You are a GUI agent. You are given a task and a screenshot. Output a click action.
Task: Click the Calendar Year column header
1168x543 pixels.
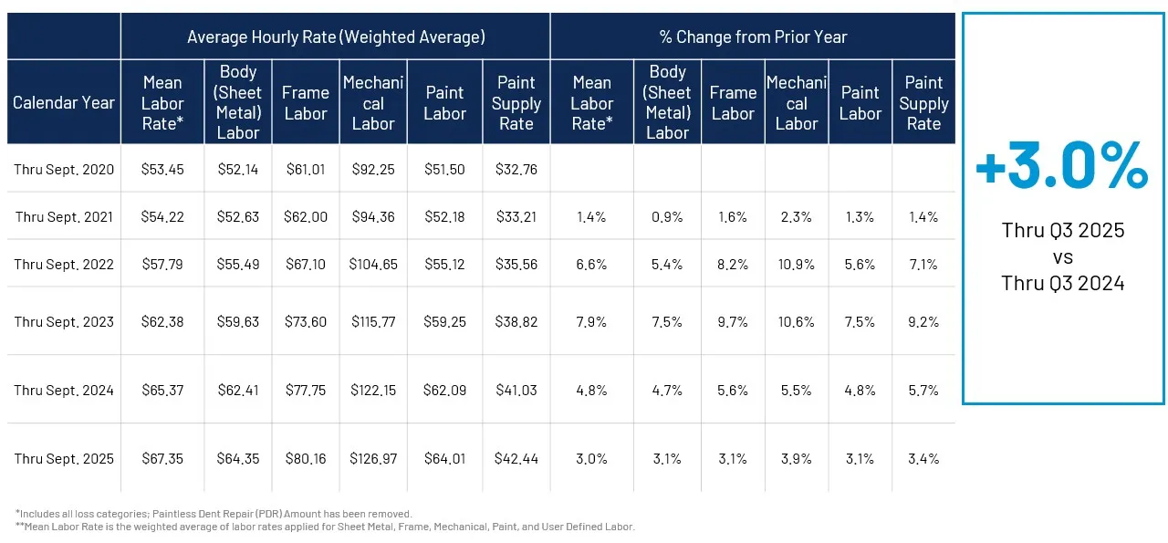click(x=64, y=102)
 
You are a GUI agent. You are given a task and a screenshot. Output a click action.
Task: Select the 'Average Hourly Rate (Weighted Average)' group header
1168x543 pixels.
click(x=336, y=37)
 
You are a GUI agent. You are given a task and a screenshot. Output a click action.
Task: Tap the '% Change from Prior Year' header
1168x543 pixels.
click(x=753, y=37)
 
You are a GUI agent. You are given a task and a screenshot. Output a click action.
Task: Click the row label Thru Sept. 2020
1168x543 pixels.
click(x=64, y=169)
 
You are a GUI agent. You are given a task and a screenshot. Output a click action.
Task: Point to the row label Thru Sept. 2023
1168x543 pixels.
click(x=64, y=321)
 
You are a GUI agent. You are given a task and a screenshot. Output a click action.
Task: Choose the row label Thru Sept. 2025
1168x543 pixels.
click(x=64, y=458)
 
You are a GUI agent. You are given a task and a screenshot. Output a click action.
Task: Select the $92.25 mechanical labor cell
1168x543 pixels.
click(x=373, y=169)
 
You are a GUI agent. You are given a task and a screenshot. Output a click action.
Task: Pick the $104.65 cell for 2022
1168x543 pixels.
click(x=373, y=265)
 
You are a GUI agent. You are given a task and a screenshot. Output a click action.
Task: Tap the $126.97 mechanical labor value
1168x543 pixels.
click(x=373, y=458)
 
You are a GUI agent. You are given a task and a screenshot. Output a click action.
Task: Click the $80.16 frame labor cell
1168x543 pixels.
click(x=305, y=458)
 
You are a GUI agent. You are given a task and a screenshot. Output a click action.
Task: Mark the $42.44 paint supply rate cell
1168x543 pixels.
click(x=516, y=458)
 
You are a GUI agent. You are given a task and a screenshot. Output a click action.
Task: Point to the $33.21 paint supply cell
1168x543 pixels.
click(x=516, y=217)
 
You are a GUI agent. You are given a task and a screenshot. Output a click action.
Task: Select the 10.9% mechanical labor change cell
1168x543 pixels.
click(x=796, y=265)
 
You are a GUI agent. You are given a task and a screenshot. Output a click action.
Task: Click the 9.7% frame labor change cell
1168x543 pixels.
click(x=733, y=321)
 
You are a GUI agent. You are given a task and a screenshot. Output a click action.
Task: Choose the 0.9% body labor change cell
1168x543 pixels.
click(x=667, y=217)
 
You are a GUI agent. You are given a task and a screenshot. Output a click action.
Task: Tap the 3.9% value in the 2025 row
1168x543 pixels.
click(x=796, y=458)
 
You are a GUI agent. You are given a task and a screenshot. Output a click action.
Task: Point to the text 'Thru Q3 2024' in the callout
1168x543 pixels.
click(x=1062, y=283)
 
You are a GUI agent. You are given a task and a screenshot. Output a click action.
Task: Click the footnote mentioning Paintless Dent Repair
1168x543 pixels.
click(x=214, y=514)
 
